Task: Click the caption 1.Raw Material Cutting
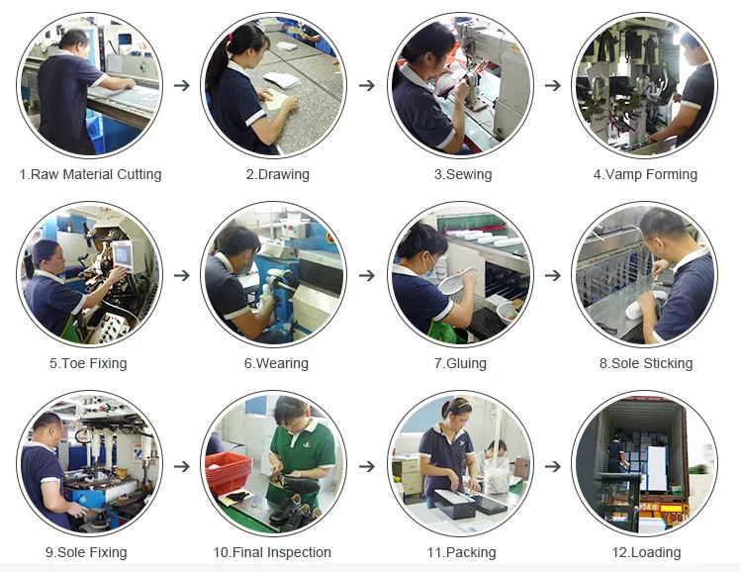point(90,174)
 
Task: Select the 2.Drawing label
point(277,174)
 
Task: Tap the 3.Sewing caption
point(462,174)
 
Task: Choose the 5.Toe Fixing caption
point(88,363)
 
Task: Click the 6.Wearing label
point(276,363)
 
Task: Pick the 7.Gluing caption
point(460,363)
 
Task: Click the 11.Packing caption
point(461,552)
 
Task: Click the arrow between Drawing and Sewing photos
point(366,85)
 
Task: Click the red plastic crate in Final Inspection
point(228,472)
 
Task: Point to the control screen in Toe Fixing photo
point(124,254)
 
